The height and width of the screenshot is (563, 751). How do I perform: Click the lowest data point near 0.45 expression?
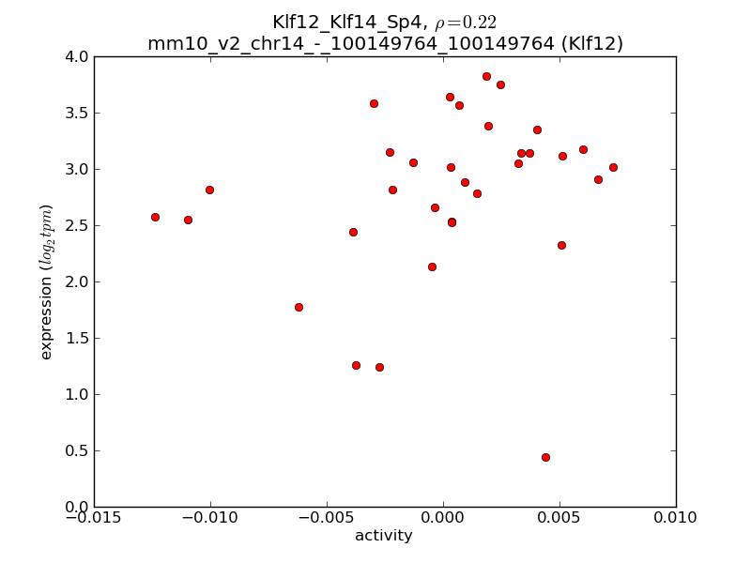coord(545,457)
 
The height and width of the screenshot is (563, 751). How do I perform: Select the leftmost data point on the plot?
coord(155,217)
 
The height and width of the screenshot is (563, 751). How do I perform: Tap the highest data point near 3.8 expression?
coord(486,76)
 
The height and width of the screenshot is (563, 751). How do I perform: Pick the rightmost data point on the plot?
coord(613,167)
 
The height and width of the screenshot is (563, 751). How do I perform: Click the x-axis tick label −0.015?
coord(94,517)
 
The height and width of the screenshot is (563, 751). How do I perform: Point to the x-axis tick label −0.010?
coord(210,517)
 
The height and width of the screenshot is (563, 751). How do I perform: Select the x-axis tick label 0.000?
coord(443,517)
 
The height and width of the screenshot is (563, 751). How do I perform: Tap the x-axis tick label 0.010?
coord(676,517)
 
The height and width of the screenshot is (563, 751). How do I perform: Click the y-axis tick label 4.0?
coord(77,56)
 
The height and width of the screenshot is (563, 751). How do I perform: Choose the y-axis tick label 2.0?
coord(77,281)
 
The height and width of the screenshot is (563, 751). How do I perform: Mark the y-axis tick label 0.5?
coord(77,450)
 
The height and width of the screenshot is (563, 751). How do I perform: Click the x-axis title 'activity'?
coord(384,536)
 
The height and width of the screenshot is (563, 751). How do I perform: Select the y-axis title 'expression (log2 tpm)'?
coord(46,281)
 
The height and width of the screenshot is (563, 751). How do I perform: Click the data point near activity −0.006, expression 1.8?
coord(299,307)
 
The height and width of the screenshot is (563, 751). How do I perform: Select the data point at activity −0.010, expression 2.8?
coord(209,190)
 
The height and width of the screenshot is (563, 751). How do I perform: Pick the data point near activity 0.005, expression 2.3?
coord(561,245)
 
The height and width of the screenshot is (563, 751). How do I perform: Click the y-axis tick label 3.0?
coord(77,169)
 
